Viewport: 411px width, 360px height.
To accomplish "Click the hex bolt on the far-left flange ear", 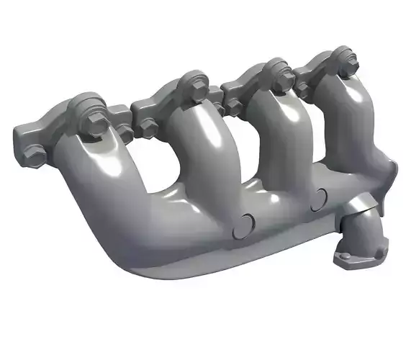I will pos(33,152).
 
